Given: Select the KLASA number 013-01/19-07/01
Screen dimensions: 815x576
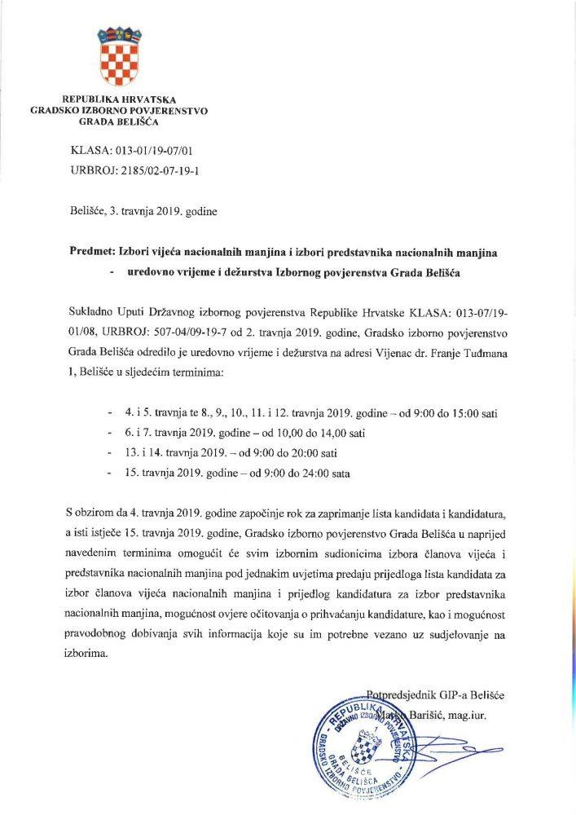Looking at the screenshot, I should [x=152, y=151].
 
